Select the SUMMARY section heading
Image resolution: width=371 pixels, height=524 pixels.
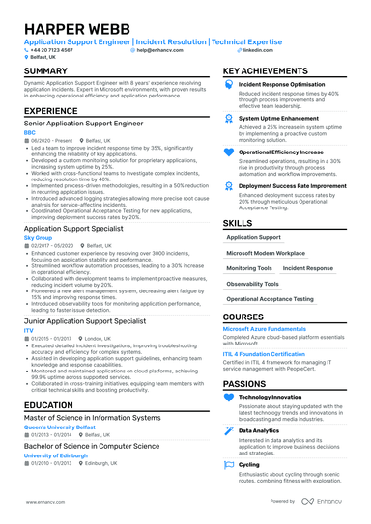pos(45,71)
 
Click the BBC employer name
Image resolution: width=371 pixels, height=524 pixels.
pos(29,132)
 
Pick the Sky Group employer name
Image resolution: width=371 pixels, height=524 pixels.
pos(38,236)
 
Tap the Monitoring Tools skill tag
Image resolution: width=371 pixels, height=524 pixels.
pos(249,268)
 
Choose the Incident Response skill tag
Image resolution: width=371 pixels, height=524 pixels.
pos(308,268)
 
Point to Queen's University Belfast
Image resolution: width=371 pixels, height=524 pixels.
pos(61,427)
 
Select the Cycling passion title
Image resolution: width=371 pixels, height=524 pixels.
pos(248,464)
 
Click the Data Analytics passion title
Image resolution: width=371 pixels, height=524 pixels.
pos(259,430)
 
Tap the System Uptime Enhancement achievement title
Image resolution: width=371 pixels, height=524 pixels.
pos(277,118)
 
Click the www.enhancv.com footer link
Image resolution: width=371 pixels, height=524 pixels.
pos(38,502)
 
